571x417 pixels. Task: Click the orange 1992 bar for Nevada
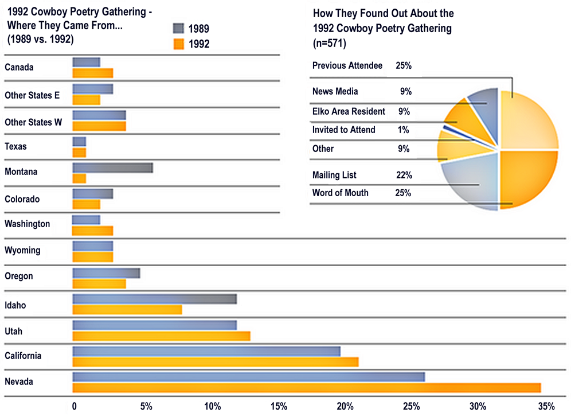[x=306, y=388]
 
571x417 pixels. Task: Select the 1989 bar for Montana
[x=112, y=167]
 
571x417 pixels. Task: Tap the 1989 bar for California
[x=206, y=351]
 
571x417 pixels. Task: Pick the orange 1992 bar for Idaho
[x=127, y=310]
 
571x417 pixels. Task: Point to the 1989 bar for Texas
[x=79, y=141]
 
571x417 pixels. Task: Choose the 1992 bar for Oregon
[x=99, y=283]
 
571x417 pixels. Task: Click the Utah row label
[x=13, y=331]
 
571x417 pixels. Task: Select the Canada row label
[x=19, y=67]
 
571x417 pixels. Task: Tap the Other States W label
[x=33, y=122]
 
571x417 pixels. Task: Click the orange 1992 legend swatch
[x=178, y=44]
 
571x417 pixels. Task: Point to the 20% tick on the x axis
[x=345, y=406]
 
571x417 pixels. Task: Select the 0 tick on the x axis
[x=75, y=406]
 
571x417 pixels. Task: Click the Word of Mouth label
[x=341, y=193]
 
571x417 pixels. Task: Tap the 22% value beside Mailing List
[x=403, y=175]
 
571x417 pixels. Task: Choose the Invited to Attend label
[x=344, y=130]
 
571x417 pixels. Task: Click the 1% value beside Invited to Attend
[x=403, y=130]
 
